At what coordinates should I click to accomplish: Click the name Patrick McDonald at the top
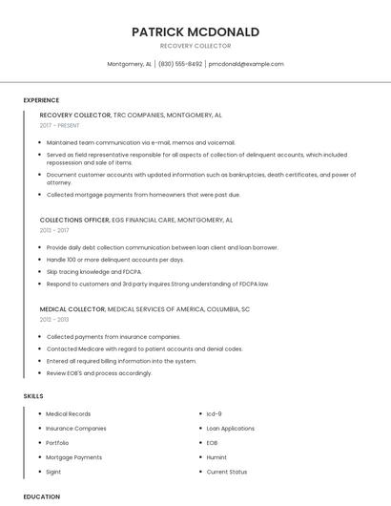tap(195, 32)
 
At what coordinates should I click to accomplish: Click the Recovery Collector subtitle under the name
tap(195, 46)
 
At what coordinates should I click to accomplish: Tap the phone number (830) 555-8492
tap(180, 64)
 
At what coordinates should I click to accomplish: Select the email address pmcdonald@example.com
tap(246, 64)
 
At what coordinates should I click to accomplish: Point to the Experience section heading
tap(41, 100)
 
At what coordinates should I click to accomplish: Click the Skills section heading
tap(33, 395)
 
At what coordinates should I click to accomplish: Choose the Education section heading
tap(41, 496)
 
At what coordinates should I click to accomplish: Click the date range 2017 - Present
tap(60, 125)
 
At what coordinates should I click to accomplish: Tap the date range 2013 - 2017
tap(54, 230)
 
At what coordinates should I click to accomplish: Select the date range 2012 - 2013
tap(54, 320)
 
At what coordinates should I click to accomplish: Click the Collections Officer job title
tap(74, 220)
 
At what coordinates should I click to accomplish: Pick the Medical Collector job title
tap(72, 309)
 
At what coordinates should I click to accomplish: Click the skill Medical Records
tap(69, 414)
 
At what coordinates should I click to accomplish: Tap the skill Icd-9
tap(214, 414)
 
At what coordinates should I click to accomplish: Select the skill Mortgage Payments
tap(73, 457)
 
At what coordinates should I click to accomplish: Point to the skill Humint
tap(216, 457)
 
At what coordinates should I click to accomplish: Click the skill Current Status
tap(226, 472)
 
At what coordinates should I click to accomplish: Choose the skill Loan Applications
tap(230, 429)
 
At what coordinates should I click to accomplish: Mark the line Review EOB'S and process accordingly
tap(99, 373)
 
